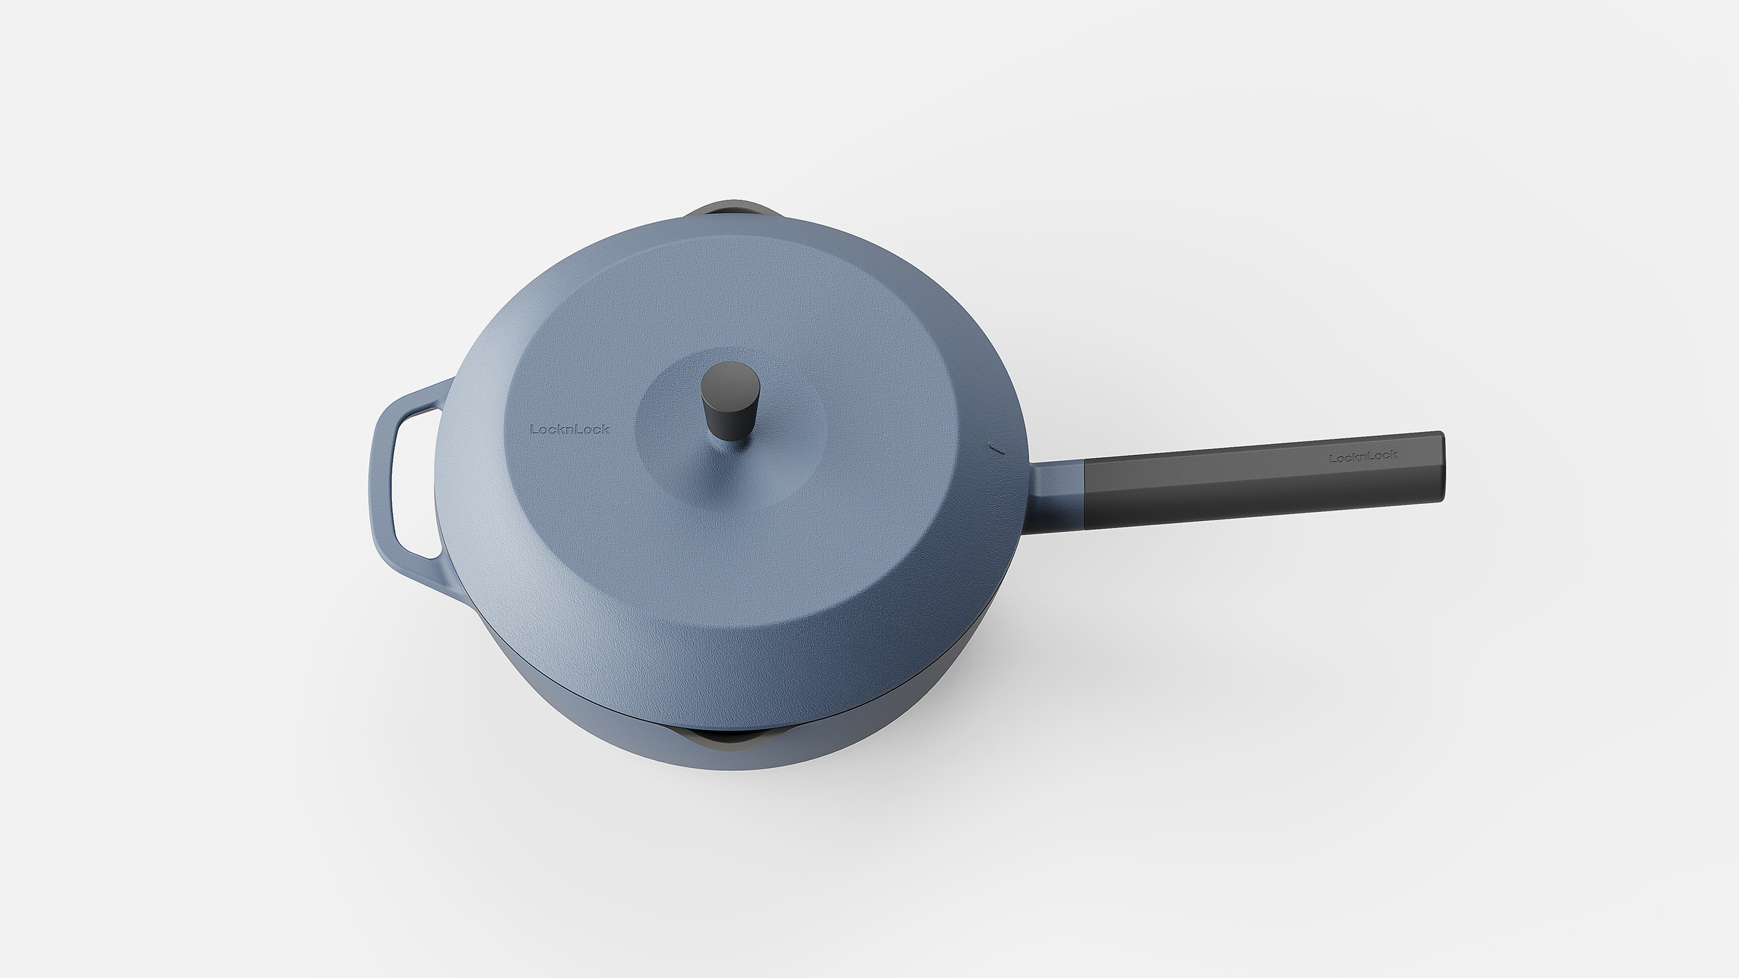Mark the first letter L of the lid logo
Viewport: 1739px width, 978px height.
[x=533, y=429]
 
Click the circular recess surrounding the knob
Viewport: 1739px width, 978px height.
[x=781, y=435]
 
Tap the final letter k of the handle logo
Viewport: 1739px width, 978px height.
[x=1394, y=454]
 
